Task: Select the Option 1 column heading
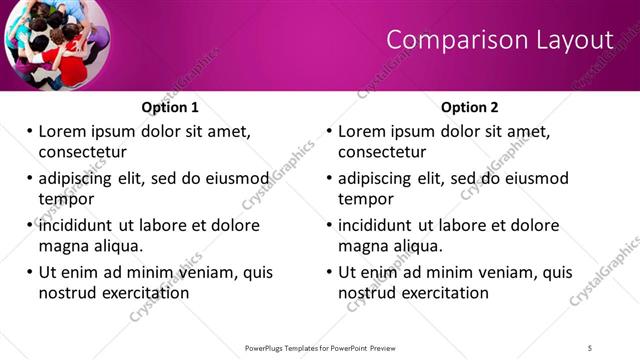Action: [x=171, y=107]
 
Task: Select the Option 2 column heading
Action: [x=470, y=107]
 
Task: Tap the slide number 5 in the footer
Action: [x=590, y=347]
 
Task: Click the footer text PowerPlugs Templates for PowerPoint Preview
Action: [x=320, y=347]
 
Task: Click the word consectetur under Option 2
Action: [x=382, y=152]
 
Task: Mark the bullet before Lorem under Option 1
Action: [x=30, y=131]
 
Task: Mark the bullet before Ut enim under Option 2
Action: [x=330, y=272]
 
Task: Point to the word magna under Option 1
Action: [x=63, y=246]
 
